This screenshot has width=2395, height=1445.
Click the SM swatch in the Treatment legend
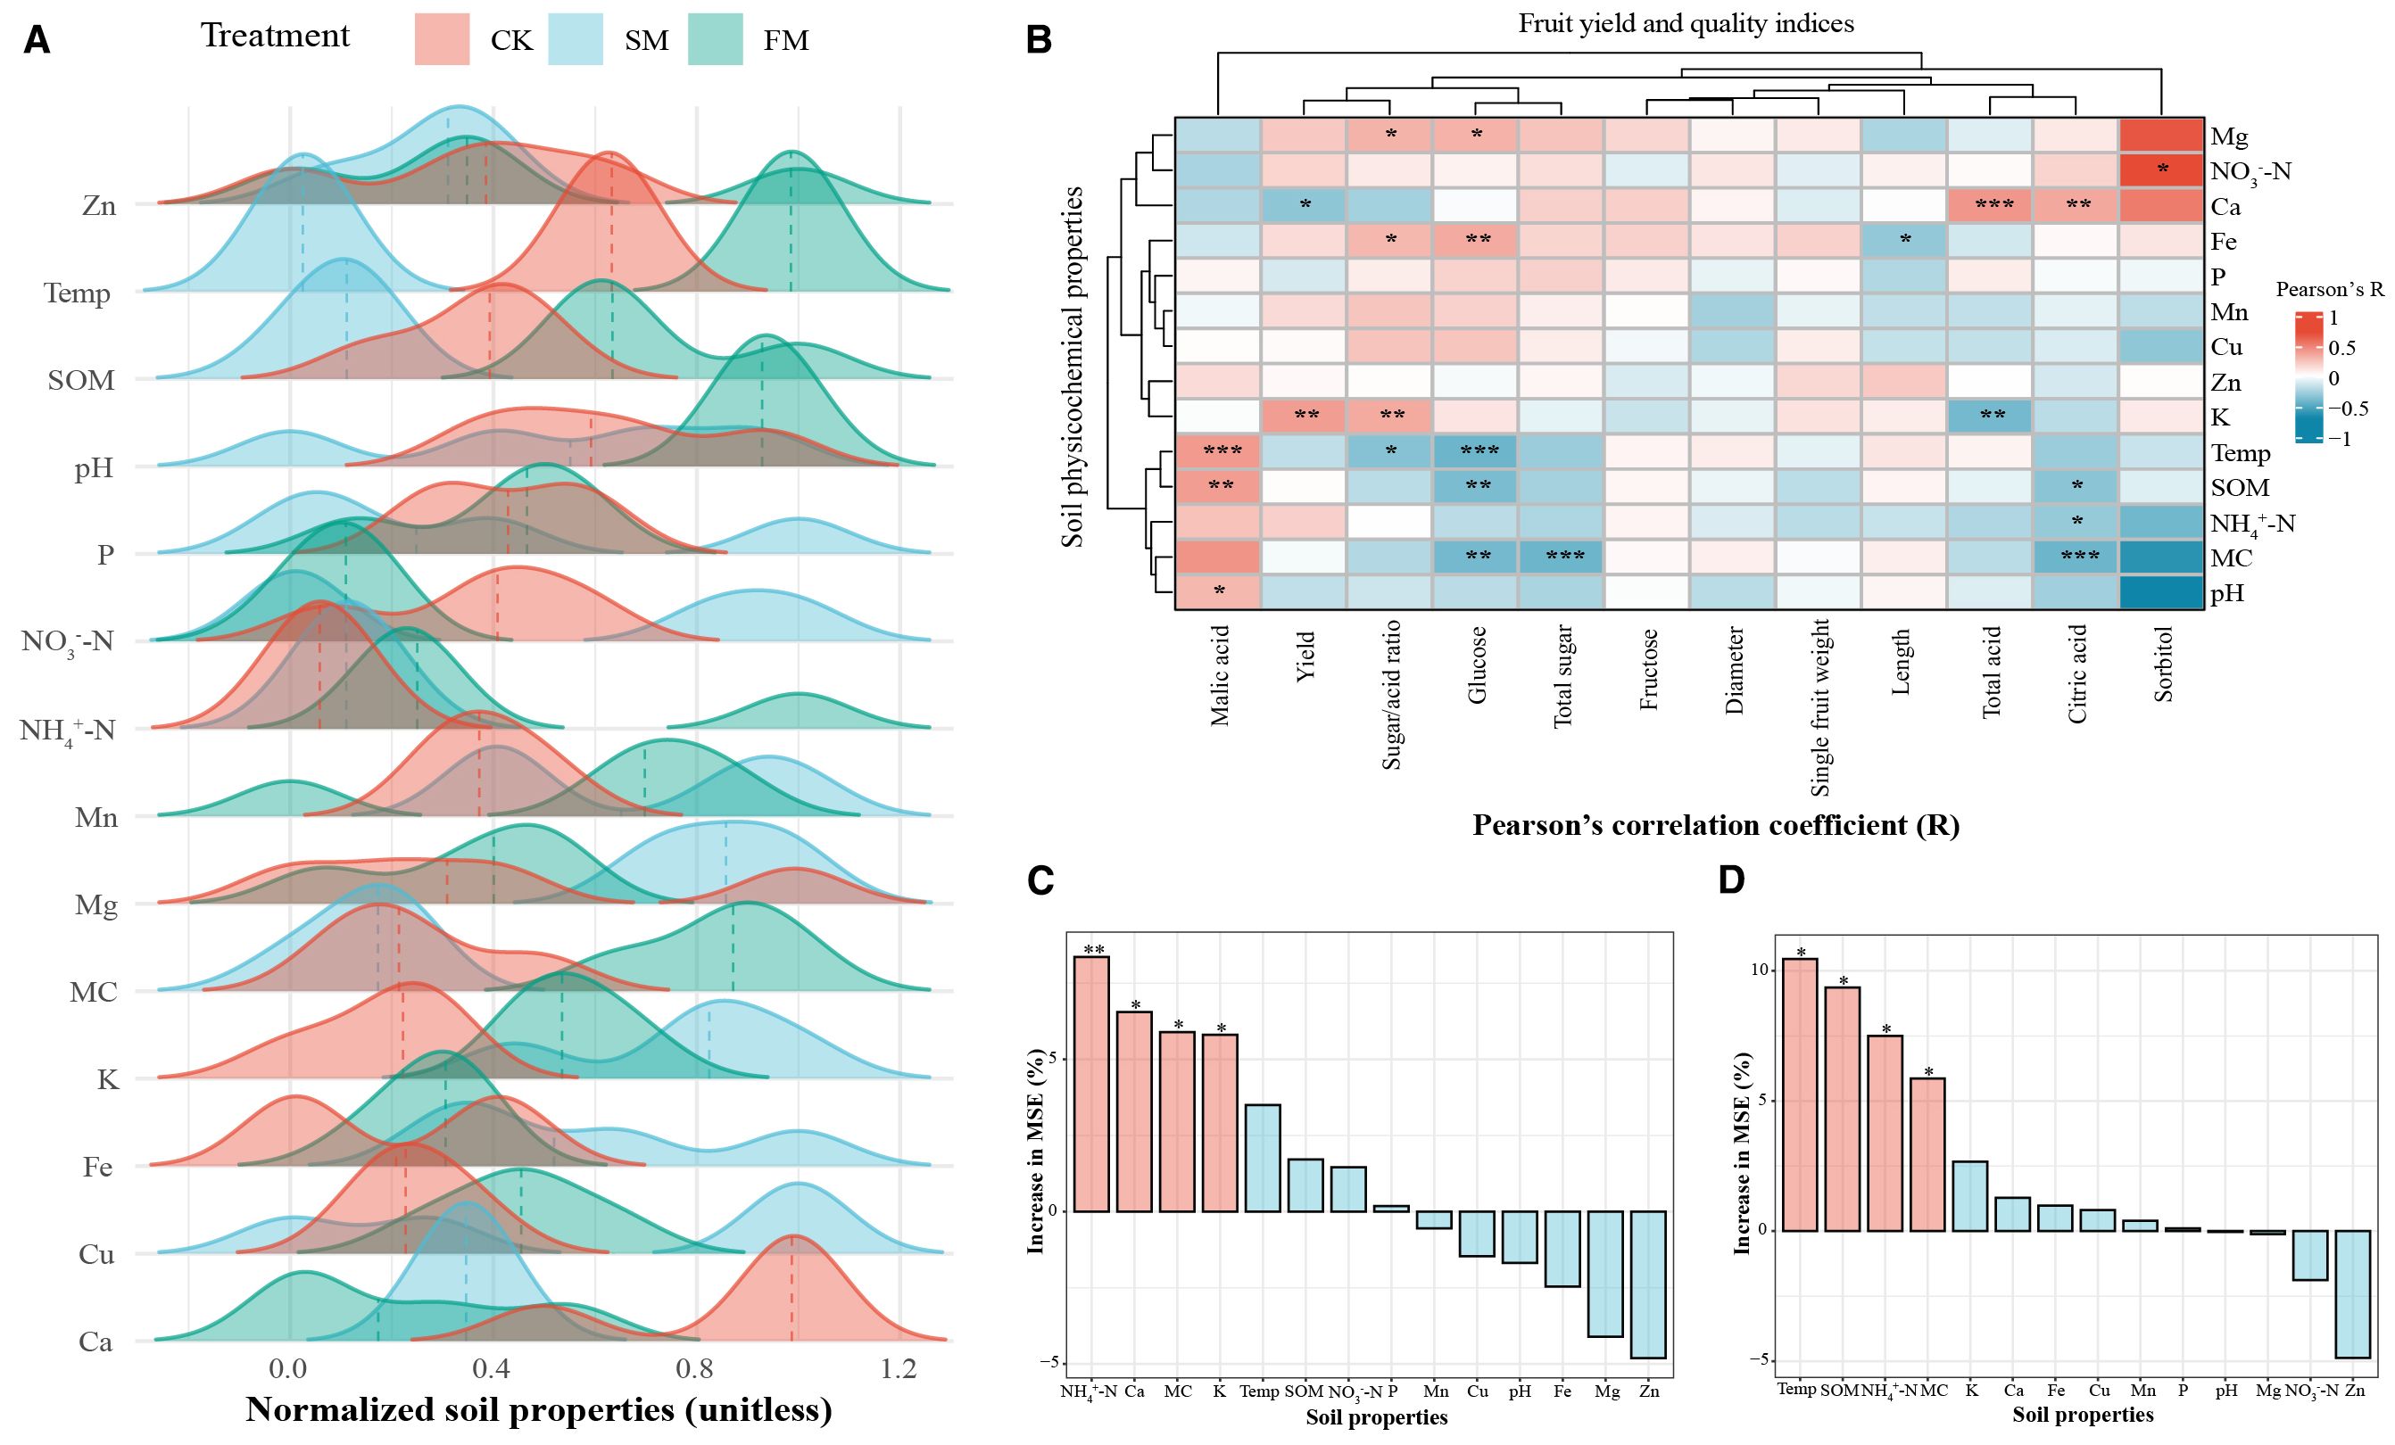576,39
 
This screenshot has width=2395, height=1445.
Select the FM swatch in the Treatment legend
716,39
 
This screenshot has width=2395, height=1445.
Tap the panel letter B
1039,40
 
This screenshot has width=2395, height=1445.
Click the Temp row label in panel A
77,293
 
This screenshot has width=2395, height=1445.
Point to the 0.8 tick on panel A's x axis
695,1368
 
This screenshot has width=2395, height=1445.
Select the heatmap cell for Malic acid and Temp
1218,452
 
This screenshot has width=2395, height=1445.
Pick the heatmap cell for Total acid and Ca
1990,206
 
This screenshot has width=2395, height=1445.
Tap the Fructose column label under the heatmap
1648,670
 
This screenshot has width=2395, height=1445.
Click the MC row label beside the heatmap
2231,557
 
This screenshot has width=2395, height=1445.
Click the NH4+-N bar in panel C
1091,1084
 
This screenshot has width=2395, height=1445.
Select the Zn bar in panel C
1648,1284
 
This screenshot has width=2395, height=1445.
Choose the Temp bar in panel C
1263,1158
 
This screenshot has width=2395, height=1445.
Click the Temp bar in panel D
1800,1095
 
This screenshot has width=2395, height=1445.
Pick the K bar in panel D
1970,1195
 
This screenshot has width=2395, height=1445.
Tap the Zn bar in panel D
2353,1293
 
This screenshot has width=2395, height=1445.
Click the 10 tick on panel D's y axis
1756,970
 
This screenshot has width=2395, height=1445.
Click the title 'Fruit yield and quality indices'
1686,23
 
